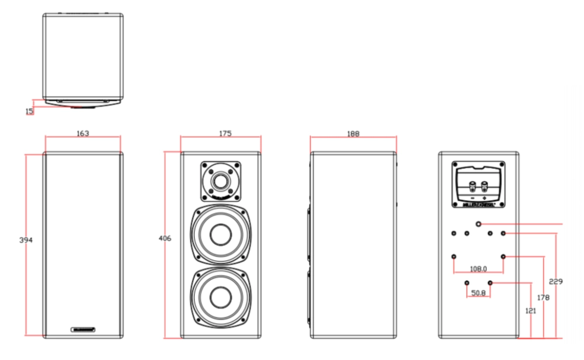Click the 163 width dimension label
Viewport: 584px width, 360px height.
pyautogui.click(x=83, y=134)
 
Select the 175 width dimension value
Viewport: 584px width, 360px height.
pyautogui.click(x=225, y=134)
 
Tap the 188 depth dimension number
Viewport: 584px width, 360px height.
pyautogui.click(x=353, y=134)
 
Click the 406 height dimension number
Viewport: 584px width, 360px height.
pyautogui.click(x=165, y=238)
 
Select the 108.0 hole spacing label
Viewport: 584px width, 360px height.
pyautogui.click(x=478, y=269)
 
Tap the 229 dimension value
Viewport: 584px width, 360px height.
pyautogui.click(x=556, y=282)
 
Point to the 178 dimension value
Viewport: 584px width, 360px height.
pyautogui.click(x=543, y=297)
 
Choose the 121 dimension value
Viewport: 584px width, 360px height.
pyautogui.click(x=531, y=311)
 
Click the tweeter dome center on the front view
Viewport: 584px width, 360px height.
pyautogui.click(x=221, y=179)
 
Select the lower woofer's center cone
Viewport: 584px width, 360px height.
pyautogui.click(x=221, y=298)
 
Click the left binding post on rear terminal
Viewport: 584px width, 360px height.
pyautogui.click(x=472, y=188)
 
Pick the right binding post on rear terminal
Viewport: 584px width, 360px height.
pyautogui.click(x=485, y=188)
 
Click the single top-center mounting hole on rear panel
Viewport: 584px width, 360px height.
pyautogui.click(x=479, y=224)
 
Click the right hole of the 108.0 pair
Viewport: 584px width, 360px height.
pyautogui.click(x=503, y=257)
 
